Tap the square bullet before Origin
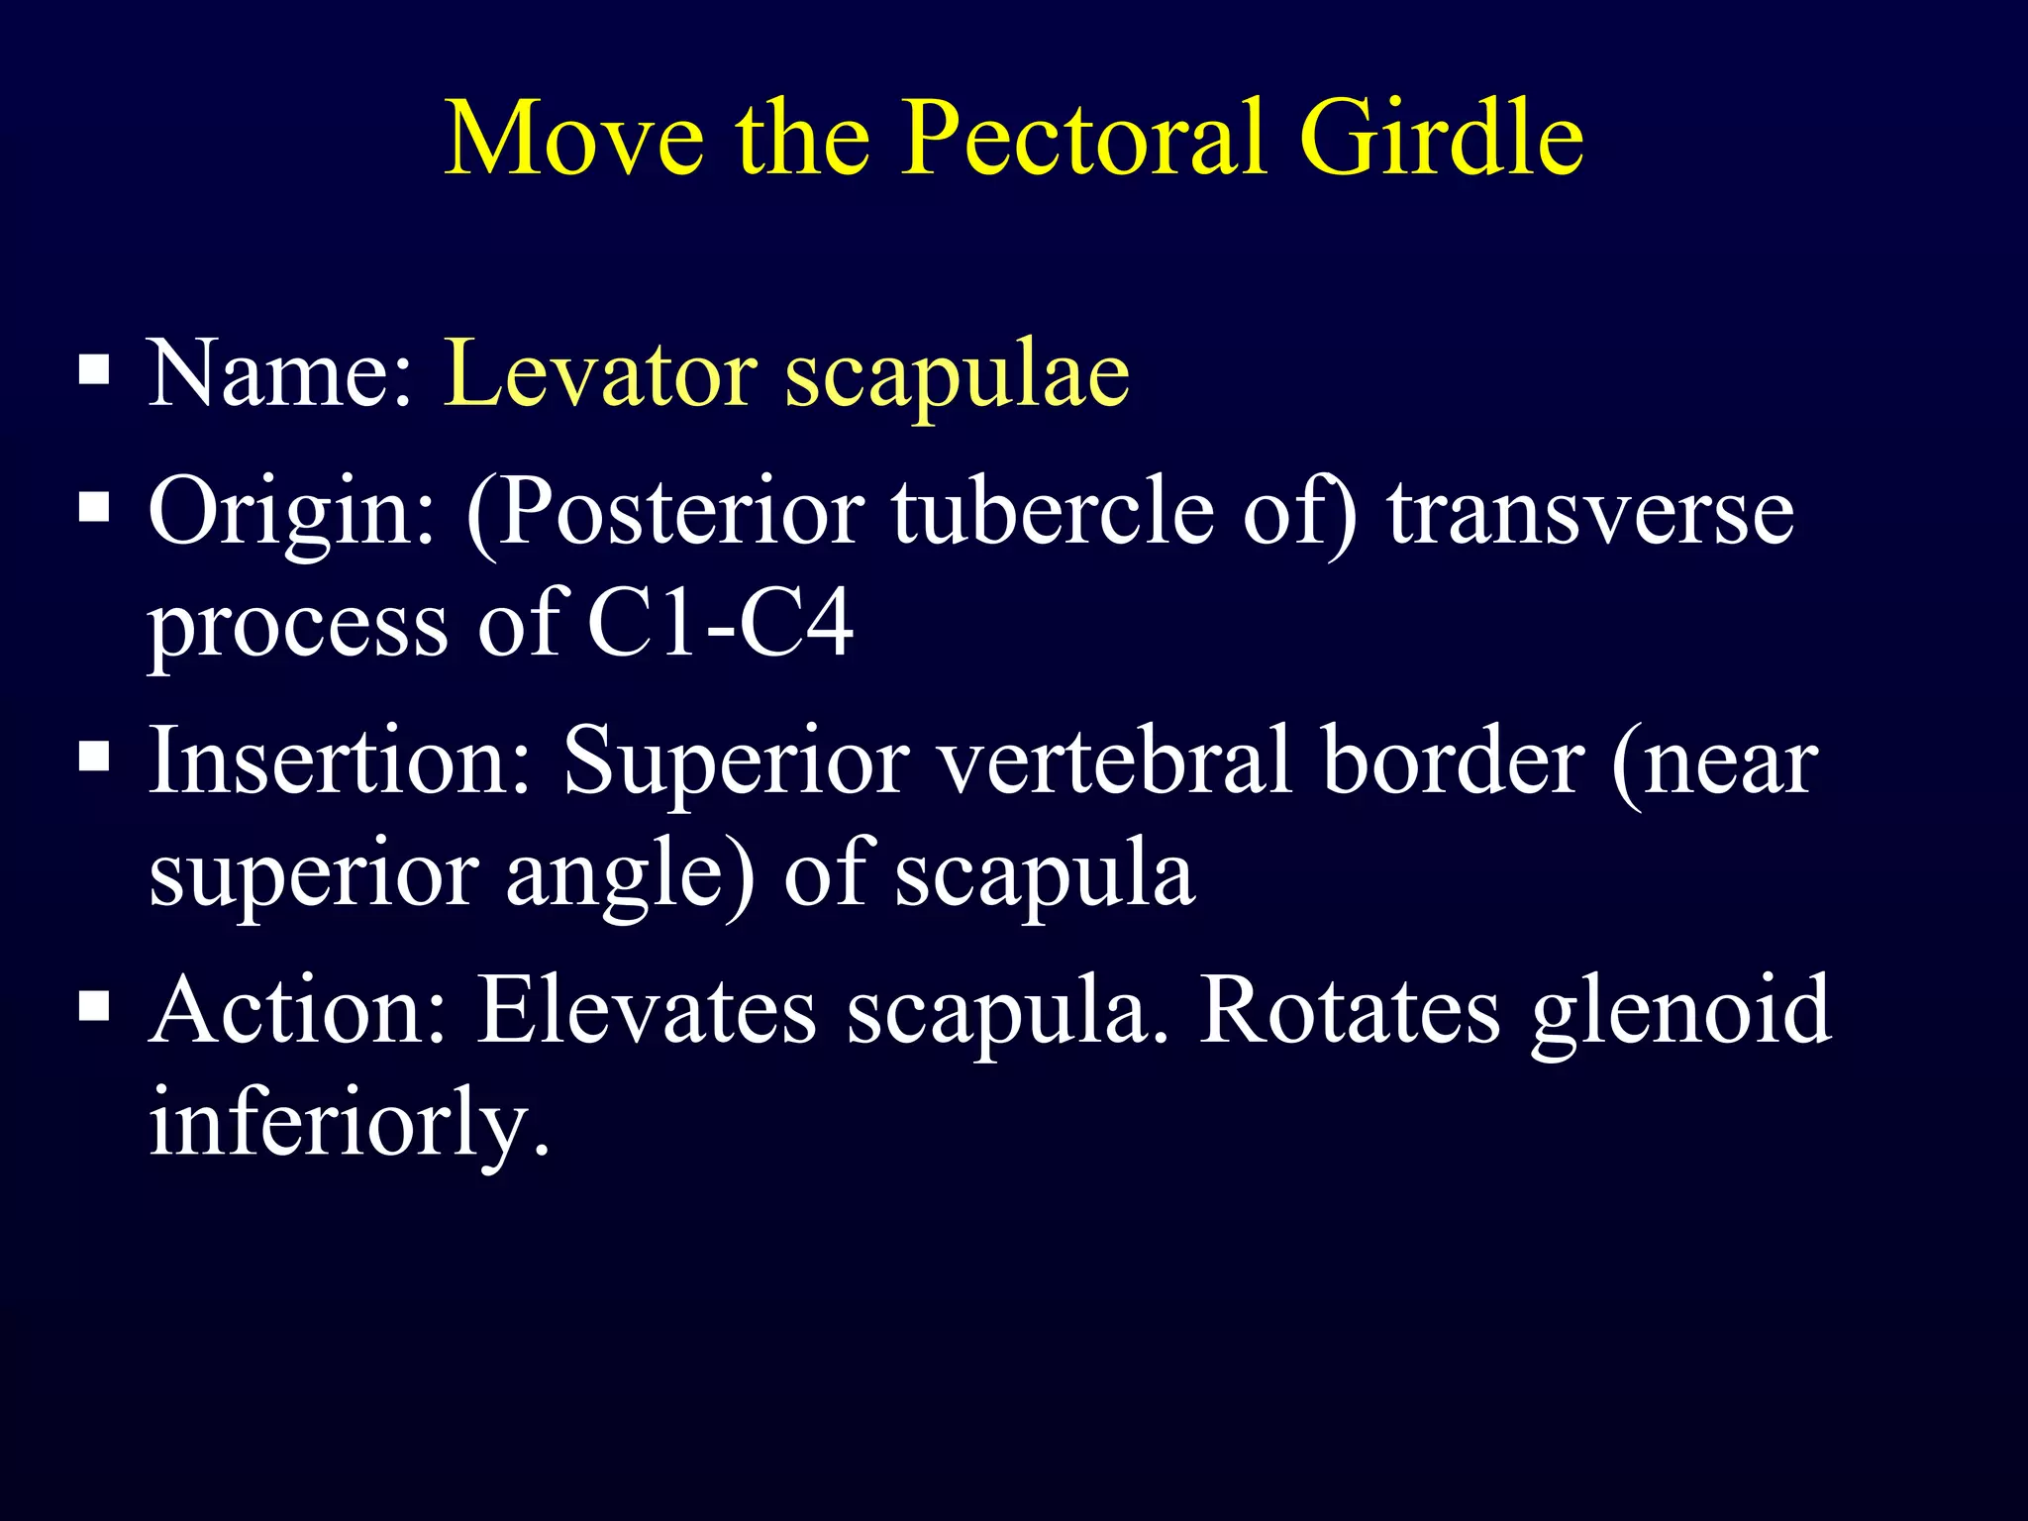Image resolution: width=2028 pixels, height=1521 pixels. click(x=94, y=507)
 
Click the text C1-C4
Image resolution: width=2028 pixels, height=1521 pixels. click(x=720, y=624)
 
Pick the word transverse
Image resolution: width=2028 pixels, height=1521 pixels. click(x=1590, y=512)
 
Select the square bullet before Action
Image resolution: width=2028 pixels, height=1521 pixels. click(x=94, y=1006)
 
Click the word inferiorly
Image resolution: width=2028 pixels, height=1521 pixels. click(x=348, y=1125)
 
